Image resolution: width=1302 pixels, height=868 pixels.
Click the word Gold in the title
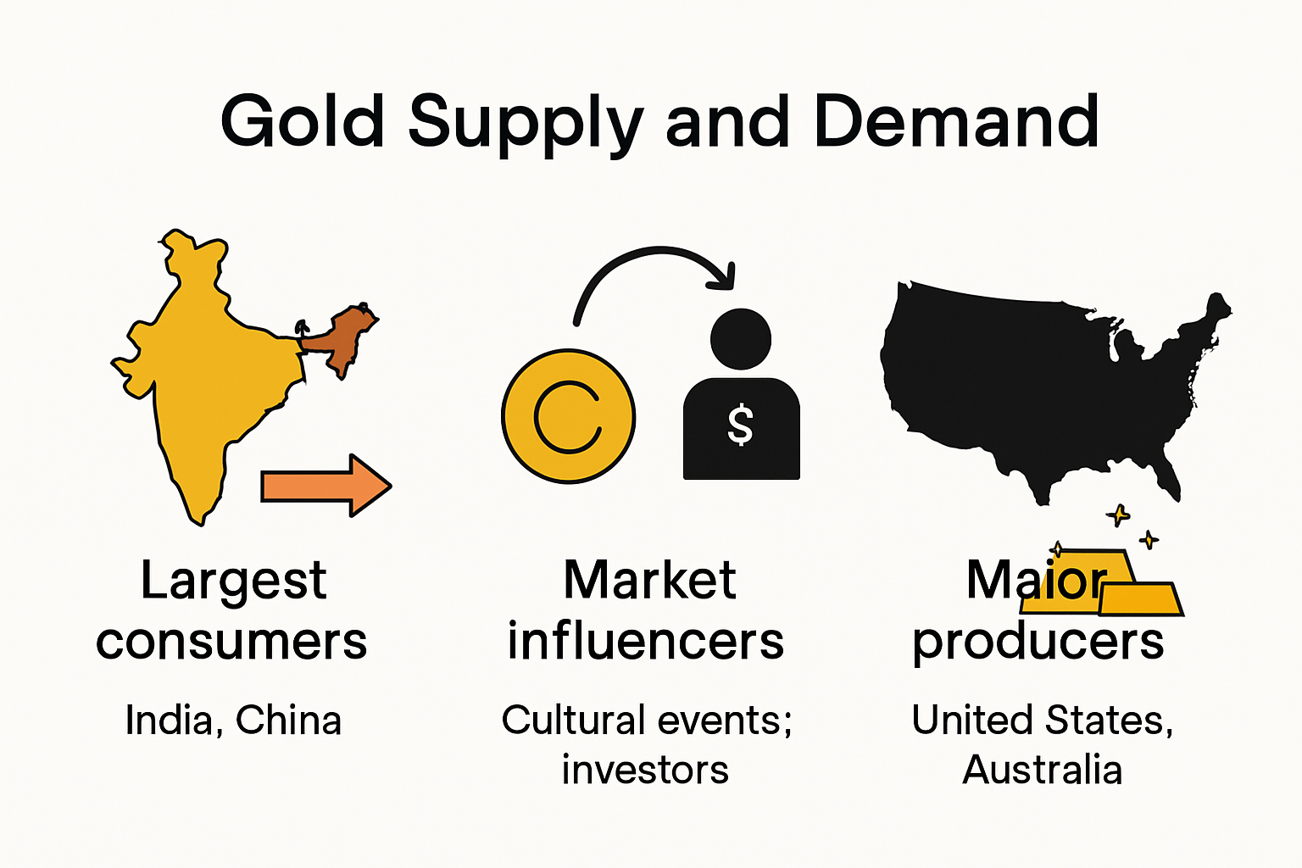(x=303, y=121)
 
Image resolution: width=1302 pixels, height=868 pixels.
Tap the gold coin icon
(x=568, y=416)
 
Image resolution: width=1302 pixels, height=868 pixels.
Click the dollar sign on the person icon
(x=740, y=425)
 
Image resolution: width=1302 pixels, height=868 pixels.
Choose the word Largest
(x=233, y=582)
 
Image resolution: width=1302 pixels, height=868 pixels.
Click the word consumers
(x=231, y=642)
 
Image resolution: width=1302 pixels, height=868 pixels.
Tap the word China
(x=288, y=721)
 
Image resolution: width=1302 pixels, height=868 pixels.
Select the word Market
(x=650, y=581)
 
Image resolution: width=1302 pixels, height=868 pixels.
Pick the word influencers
(x=646, y=642)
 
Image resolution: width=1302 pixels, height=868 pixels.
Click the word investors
(x=645, y=771)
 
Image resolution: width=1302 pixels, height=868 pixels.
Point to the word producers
(x=1038, y=643)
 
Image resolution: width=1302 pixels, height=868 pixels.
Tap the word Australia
(x=1043, y=771)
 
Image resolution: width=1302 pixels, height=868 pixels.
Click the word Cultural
(x=573, y=721)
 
